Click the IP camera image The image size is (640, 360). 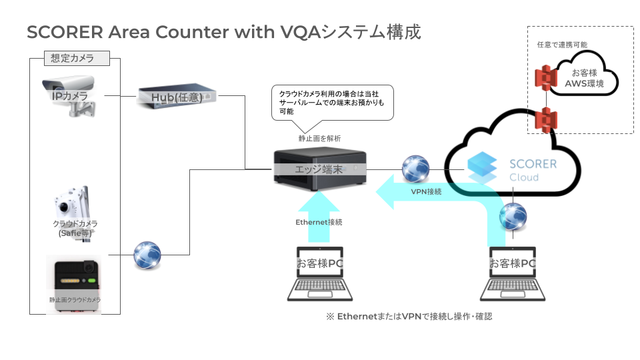coord(69,95)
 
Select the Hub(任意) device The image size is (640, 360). coord(177,97)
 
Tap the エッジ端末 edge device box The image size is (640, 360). coord(320,169)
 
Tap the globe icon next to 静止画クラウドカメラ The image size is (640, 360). coord(147,255)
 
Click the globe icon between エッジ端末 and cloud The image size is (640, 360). coord(416,168)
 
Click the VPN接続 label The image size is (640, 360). coord(426,191)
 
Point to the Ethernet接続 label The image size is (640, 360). coord(319,222)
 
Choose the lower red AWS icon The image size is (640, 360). coord(548,119)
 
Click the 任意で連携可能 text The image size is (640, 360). coord(562,45)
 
